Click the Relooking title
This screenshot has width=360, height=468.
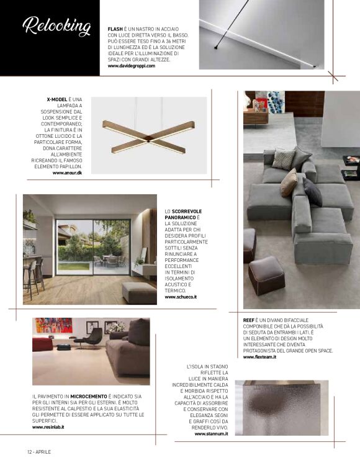[x=56, y=27]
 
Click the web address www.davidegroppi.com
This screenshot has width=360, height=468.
[x=131, y=66]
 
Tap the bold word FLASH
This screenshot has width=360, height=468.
[x=115, y=29]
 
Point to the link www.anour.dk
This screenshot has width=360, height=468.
[x=67, y=173]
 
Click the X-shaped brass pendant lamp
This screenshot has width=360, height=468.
[x=148, y=137]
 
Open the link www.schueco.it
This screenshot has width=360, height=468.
[x=181, y=297]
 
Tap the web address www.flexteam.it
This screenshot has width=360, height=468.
[x=259, y=357]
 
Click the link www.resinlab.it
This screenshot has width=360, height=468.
[x=48, y=427]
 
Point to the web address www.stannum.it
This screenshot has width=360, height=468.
[x=211, y=434]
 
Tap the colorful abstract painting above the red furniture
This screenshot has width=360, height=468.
[x=53, y=326]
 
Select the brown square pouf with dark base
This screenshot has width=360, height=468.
[x=266, y=275]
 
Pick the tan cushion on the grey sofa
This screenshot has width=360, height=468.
[x=288, y=182]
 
